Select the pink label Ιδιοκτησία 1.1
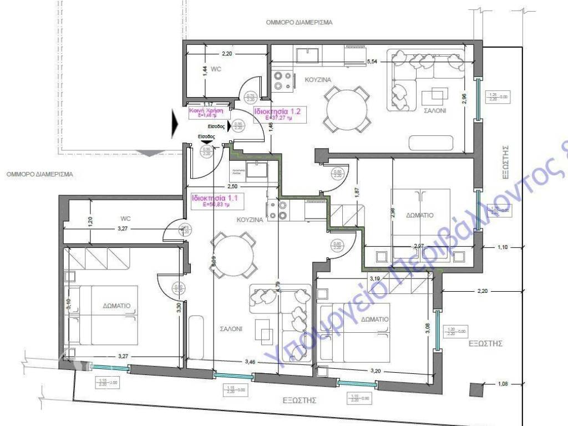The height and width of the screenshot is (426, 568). coord(207,198)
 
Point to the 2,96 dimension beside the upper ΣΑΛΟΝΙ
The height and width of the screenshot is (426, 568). coord(464,98)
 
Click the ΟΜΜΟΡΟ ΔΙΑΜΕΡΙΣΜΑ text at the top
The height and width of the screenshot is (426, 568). coord(298,23)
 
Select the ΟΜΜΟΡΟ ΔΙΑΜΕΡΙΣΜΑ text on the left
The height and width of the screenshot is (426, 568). coord(39,174)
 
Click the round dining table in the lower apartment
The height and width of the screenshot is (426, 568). coord(233,254)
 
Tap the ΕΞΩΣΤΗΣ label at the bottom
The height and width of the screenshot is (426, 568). coord(299,399)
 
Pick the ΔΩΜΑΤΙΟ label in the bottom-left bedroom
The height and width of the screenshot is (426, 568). coord(116,306)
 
